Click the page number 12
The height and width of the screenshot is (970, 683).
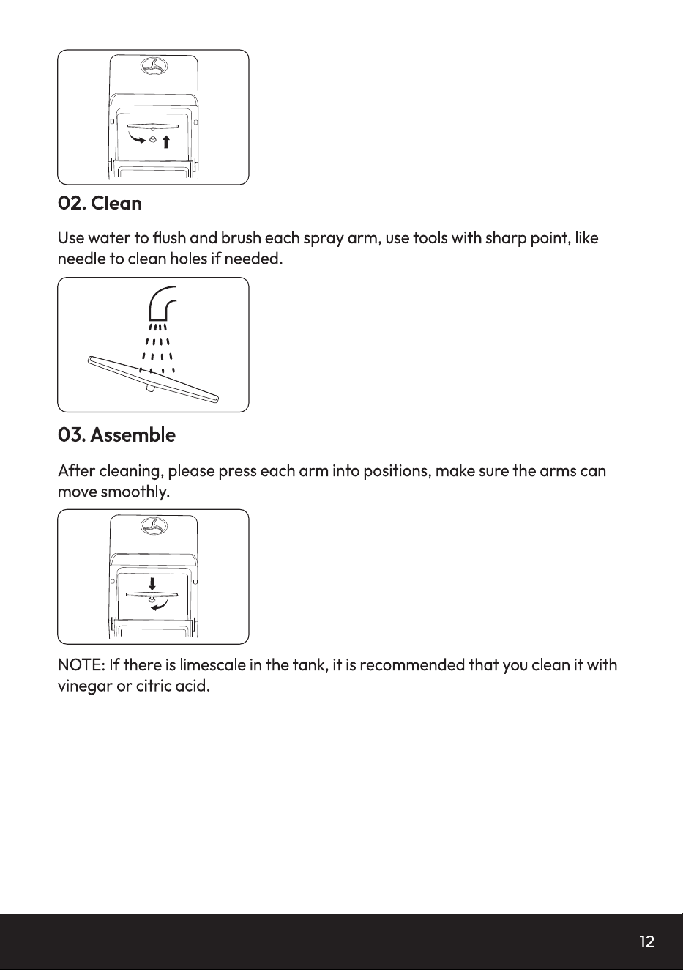[646, 941]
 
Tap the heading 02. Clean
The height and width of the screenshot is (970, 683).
[100, 203]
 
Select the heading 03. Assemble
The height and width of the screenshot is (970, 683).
[117, 434]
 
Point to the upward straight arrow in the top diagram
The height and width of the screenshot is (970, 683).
[165, 141]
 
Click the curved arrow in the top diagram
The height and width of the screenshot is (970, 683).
[136, 138]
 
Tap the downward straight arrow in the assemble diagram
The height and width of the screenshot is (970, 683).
[152, 583]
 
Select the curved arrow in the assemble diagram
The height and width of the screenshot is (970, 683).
[160, 605]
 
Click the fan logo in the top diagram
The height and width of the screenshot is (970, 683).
[154, 66]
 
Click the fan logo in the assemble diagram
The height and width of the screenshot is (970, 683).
[154, 526]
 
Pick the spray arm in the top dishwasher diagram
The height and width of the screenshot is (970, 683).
[152, 127]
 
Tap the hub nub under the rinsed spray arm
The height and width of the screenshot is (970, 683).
[151, 389]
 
